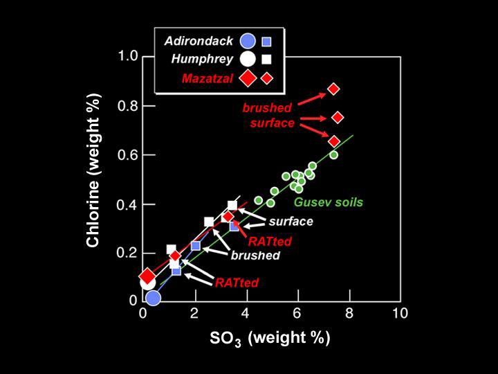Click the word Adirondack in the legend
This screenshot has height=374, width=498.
199,41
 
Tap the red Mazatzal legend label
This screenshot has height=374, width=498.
207,78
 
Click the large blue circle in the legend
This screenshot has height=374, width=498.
248,41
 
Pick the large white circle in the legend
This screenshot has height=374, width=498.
248,60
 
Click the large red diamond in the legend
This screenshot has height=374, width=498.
248,78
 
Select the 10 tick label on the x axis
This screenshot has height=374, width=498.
400,313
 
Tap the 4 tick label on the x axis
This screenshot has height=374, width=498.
246,313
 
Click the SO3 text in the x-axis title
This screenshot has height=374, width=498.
225,339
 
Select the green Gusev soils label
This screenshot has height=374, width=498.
329,202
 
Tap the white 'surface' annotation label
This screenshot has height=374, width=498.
290,222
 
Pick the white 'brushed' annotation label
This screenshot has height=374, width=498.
255,256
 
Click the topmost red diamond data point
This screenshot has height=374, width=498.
333,89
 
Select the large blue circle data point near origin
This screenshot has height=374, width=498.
153,299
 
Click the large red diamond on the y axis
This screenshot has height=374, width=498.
147,276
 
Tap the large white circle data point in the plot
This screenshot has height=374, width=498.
147,283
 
